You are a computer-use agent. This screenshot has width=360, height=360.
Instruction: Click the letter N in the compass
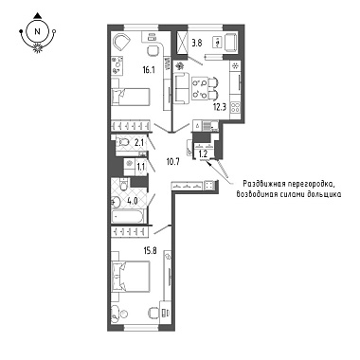(x=38, y=31)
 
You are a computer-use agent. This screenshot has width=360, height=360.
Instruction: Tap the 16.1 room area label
(x=148, y=70)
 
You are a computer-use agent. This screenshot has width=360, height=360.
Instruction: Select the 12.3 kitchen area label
(x=220, y=107)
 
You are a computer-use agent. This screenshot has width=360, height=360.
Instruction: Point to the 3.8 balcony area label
(x=196, y=43)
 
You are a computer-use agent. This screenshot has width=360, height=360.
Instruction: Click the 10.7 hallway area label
(x=172, y=163)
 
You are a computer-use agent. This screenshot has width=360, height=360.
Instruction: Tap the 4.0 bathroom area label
(x=133, y=201)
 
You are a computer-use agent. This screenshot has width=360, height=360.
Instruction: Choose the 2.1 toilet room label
(x=138, y=143)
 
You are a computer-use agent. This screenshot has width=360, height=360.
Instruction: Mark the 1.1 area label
(x=141, y=166)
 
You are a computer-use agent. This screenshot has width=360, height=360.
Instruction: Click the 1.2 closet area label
(x=202, y=154)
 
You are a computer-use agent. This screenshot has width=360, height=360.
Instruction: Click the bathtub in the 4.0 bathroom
(x=128, y=216)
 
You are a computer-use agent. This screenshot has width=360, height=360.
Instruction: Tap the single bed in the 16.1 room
(x=130, y=97)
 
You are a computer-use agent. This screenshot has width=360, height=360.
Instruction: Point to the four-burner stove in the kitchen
(x=236, y=108)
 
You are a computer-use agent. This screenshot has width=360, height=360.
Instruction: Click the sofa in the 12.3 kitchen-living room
(x=180, y=87)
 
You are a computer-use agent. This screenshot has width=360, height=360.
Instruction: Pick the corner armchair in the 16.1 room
(x=121, y=43)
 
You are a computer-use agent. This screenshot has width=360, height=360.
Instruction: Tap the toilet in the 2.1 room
(x=124, y=142)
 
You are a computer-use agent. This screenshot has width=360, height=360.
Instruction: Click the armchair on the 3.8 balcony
(x=234, y=43)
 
